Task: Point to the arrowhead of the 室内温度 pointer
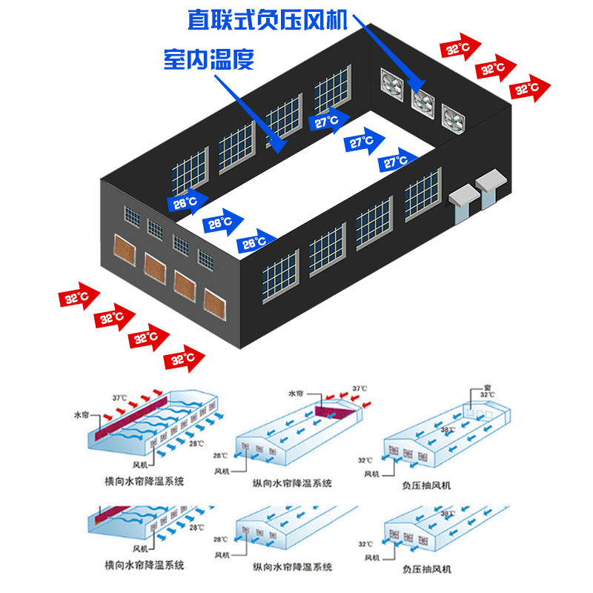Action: pos(281,148)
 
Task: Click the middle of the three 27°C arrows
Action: pos(364,141)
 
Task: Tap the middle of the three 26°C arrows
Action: pos(222,222)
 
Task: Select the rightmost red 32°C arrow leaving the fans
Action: pos(531,88)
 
